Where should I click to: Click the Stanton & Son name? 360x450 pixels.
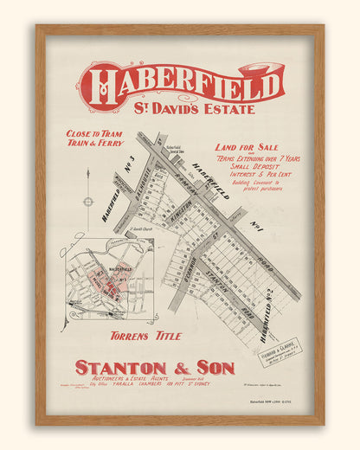154,367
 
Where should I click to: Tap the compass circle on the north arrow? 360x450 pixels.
87,202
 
